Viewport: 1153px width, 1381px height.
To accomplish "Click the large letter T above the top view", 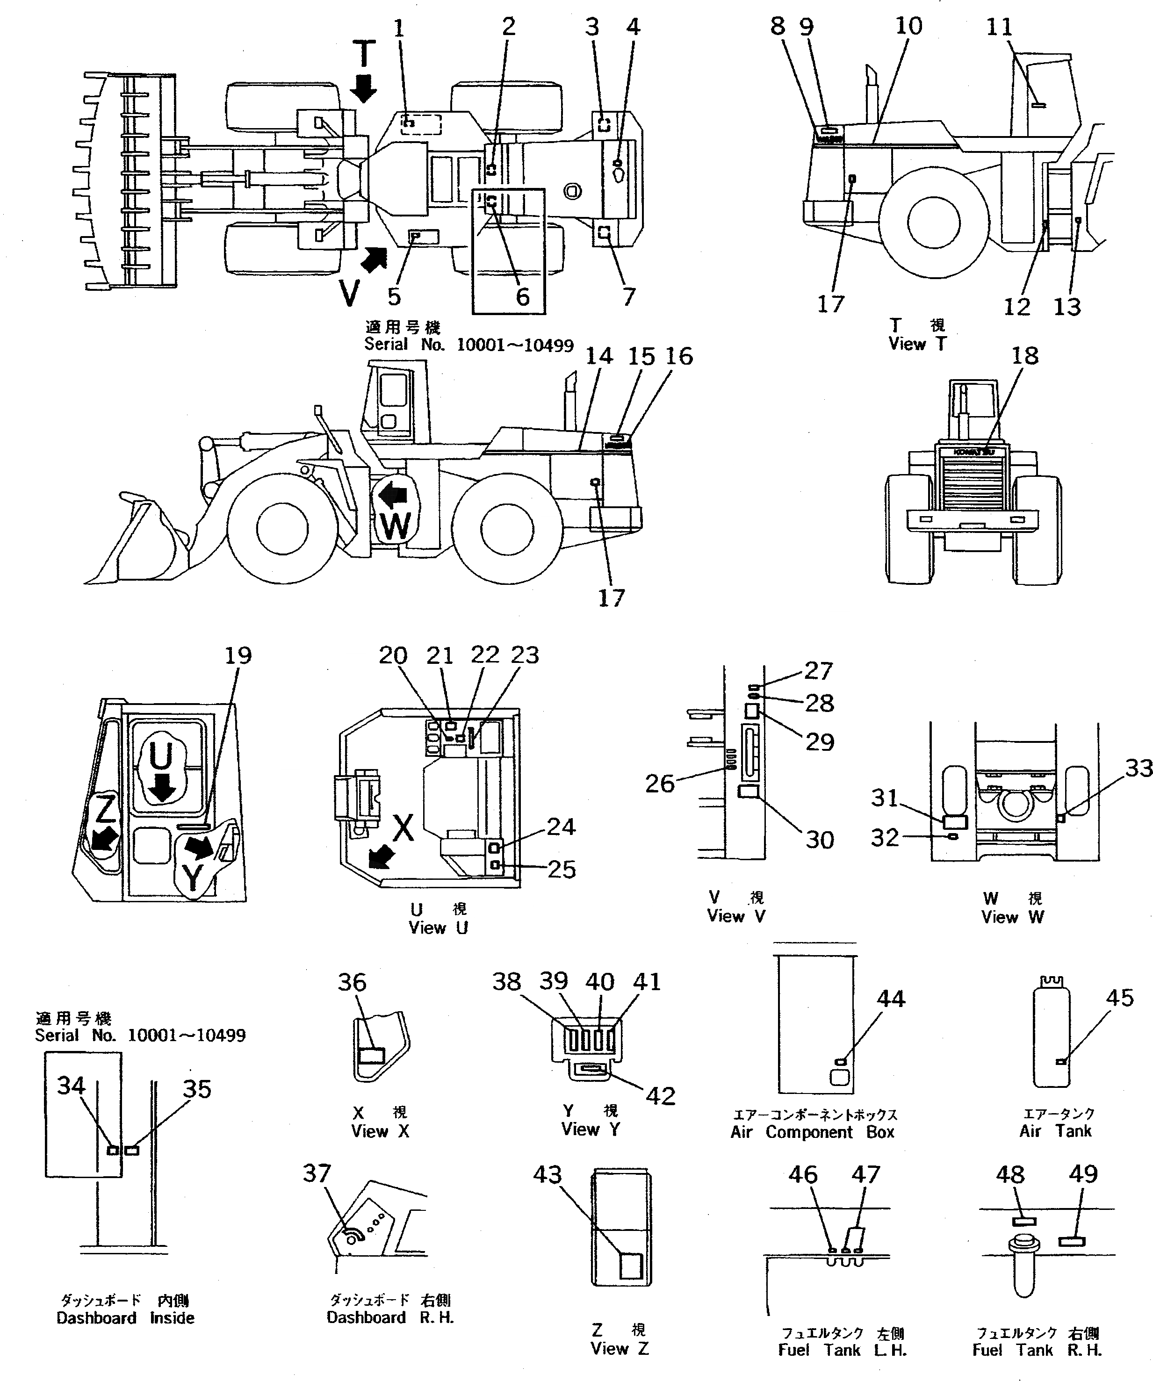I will click(x=364, y=55).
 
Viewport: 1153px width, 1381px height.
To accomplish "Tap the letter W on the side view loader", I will click(x=396, y=526).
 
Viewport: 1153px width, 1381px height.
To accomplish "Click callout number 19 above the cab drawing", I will click(x=238, y=655).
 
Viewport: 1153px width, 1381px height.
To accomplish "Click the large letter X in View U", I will click(x=403, y=827).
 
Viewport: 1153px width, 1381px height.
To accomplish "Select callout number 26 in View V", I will click(x=660, y=783).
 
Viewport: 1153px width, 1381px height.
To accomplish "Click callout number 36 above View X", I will click(x=352, y=983).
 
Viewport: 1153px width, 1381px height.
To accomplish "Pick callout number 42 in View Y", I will click(x=660, y=1096).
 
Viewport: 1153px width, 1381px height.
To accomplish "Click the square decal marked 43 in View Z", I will click(x=630, y=1265).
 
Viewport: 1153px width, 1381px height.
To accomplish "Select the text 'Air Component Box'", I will click(x=812, y=1132).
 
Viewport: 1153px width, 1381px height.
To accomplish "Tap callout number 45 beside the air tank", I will click(x=1119, y=998).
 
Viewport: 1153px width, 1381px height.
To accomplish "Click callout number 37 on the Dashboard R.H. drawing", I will click(x=317, y=1172).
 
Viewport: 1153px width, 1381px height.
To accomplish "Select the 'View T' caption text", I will click(x=917, y=343).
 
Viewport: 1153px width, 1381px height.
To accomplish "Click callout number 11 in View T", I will click(x=999, y=27).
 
